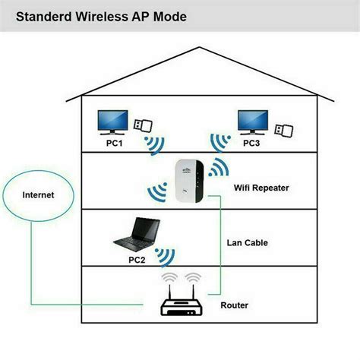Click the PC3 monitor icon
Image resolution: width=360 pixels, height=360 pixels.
pyautogui.click(x=253, y=121)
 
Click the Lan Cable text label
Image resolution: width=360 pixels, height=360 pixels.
pyautogui.click(x=248, y=242)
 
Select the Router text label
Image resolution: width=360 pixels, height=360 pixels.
pyautogui.click(x=233, y=305)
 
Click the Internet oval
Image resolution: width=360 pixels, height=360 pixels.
pyautogui.click(x=38, y=195)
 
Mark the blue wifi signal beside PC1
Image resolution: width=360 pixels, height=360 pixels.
pyautogui.click(x=156, y=144)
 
